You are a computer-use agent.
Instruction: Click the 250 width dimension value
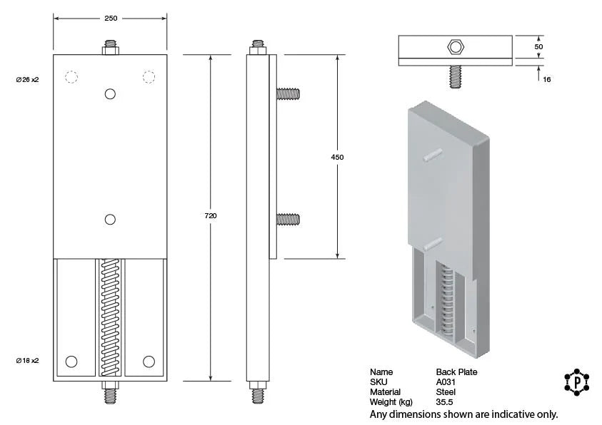111,19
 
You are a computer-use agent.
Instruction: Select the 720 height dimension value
211,215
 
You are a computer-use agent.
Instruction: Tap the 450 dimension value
338,157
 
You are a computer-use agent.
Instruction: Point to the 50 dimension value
539,46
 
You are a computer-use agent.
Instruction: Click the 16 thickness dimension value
546,80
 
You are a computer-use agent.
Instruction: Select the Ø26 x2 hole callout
26,80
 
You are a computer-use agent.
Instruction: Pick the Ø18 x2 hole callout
26,361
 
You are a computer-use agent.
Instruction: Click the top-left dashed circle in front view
71,77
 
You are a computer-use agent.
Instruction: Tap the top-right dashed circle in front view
149,77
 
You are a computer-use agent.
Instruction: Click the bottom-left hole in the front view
71,362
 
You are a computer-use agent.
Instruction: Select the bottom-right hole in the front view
149,362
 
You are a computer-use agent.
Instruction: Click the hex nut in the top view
455,48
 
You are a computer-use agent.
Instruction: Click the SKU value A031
446,382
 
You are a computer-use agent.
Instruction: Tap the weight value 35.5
445,402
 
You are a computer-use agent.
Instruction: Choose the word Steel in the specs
446,392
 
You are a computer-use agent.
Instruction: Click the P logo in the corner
576,383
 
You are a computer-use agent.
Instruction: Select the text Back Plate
456,372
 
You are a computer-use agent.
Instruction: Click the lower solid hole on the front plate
110,220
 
